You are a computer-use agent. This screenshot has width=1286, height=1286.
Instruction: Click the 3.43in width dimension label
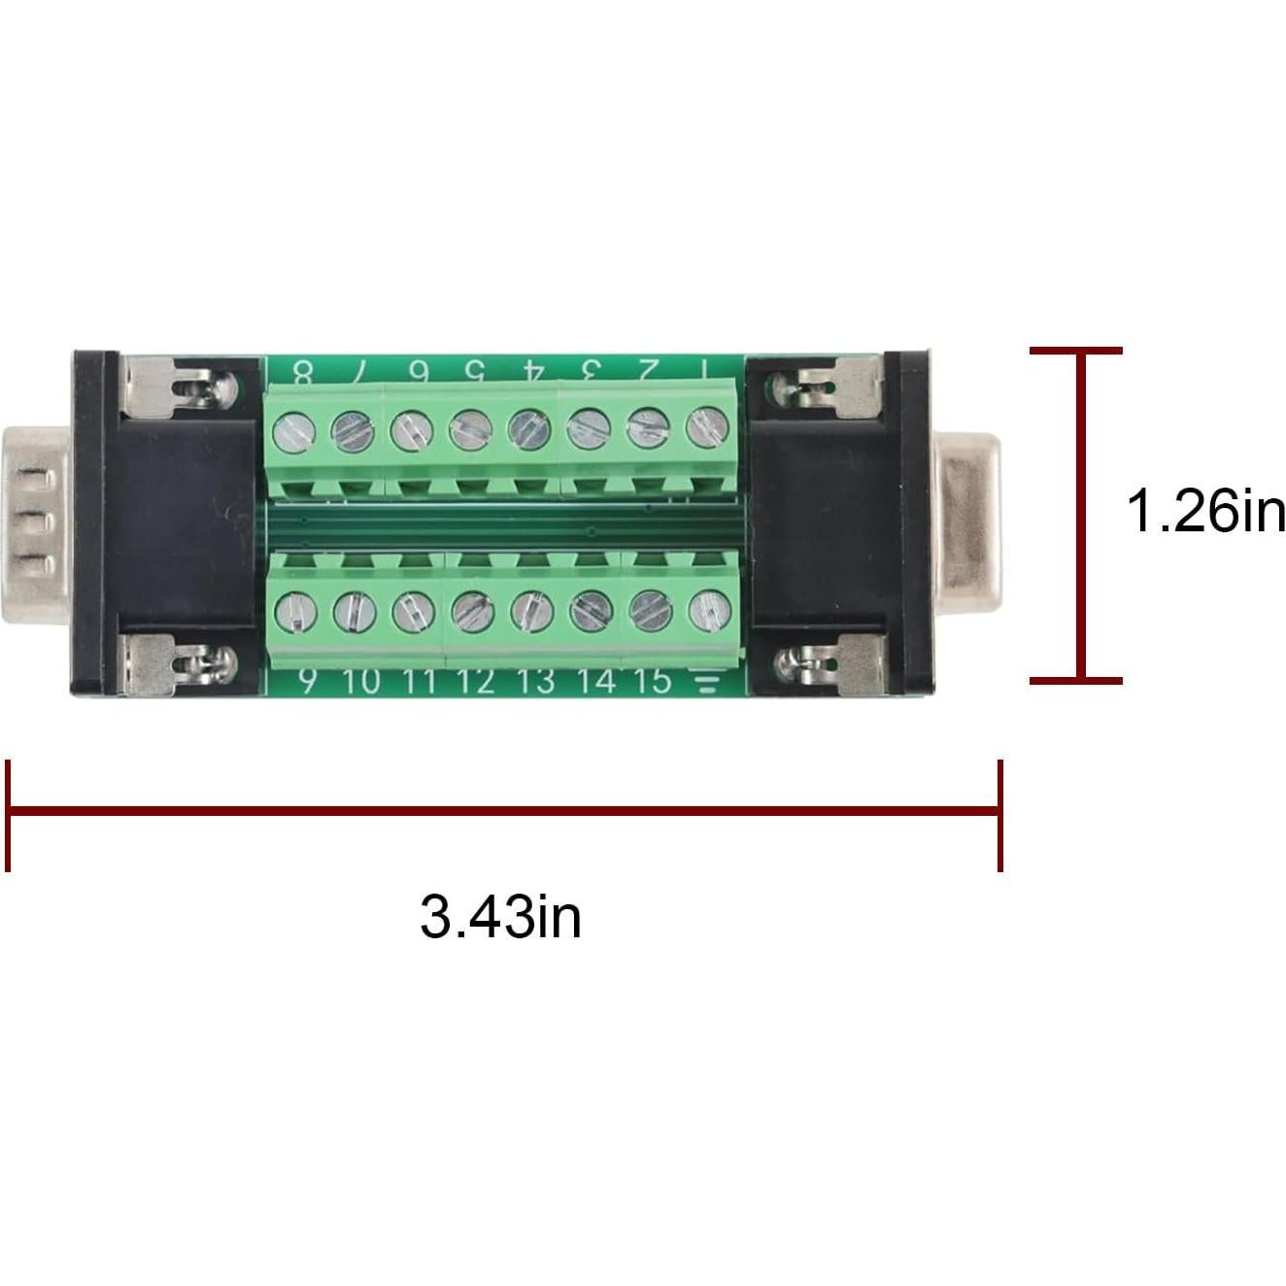coord(500,917)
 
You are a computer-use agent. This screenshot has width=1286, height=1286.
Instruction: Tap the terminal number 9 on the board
coord(307,681)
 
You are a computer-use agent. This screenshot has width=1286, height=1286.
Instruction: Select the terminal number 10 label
coord(360,681)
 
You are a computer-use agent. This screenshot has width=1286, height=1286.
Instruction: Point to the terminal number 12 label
coord(475,681)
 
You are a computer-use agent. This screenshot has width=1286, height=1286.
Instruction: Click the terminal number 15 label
coord(652,681)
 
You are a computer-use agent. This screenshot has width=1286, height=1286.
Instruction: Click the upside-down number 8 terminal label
coord(303,372)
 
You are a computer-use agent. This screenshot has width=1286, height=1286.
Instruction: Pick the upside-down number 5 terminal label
coord(474,371)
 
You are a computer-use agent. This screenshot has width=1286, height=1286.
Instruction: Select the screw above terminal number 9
coord(296,613)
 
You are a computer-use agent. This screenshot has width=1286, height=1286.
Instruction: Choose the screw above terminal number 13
coord(531,612)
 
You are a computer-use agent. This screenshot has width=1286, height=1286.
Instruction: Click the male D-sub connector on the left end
coord(39,525)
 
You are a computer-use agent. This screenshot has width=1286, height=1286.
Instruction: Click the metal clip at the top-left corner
coord(180,384)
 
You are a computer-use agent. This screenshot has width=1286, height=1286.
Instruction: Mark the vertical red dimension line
coord(1077,515)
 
